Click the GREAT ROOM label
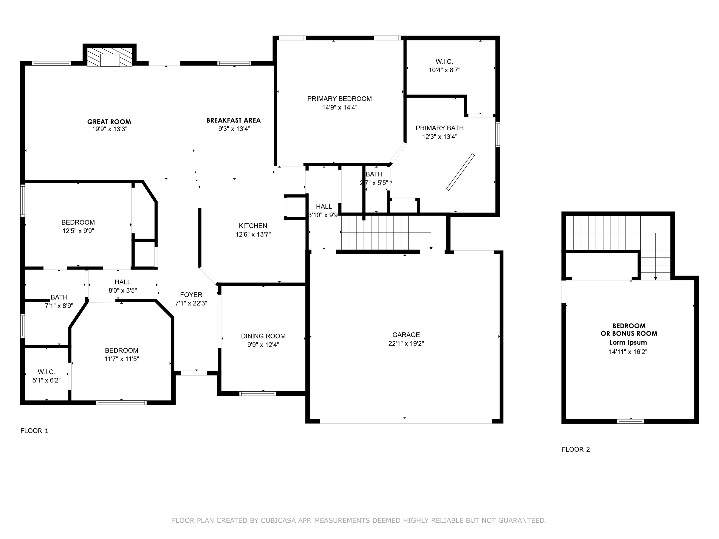(109, 122)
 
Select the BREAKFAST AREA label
(234, 120)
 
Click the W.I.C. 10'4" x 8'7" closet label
(444, 66)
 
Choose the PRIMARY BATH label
(440, 128)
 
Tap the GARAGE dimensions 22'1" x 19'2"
(406, 343)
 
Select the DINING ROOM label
(263, 336)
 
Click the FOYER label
(191, 295)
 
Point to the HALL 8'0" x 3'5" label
(123, 286)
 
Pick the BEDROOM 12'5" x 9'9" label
(78, 226)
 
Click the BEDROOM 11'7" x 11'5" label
(121, 354)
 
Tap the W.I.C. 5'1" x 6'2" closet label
(47, 376)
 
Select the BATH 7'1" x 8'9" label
(59, 301)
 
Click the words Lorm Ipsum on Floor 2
(628, 342)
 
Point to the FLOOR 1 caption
(34, 431)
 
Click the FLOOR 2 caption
(576, 449)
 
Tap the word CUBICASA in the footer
(278, 521)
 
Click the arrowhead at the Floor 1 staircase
(431, 248)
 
